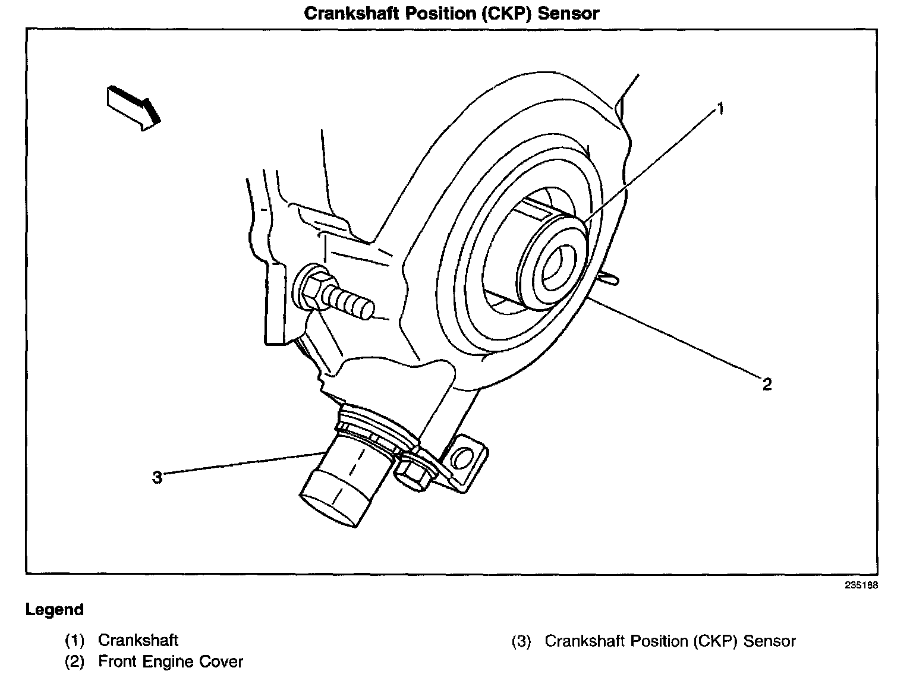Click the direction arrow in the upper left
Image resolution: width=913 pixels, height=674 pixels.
[133, 107]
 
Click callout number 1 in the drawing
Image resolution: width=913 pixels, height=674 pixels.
[720, 109]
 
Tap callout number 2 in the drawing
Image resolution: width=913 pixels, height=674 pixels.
[767, 384]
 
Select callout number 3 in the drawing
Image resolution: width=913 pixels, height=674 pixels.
[157, 477]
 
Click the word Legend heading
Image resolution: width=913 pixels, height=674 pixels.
[55, 610]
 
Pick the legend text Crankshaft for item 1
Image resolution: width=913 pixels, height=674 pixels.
[138, 640]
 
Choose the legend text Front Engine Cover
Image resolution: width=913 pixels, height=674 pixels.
[171, 662]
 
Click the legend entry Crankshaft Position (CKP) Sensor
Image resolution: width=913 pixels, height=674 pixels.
[670, 641]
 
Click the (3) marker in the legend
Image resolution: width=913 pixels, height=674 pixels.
[521, 642]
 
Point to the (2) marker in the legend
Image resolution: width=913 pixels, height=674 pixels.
[74, 662]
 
